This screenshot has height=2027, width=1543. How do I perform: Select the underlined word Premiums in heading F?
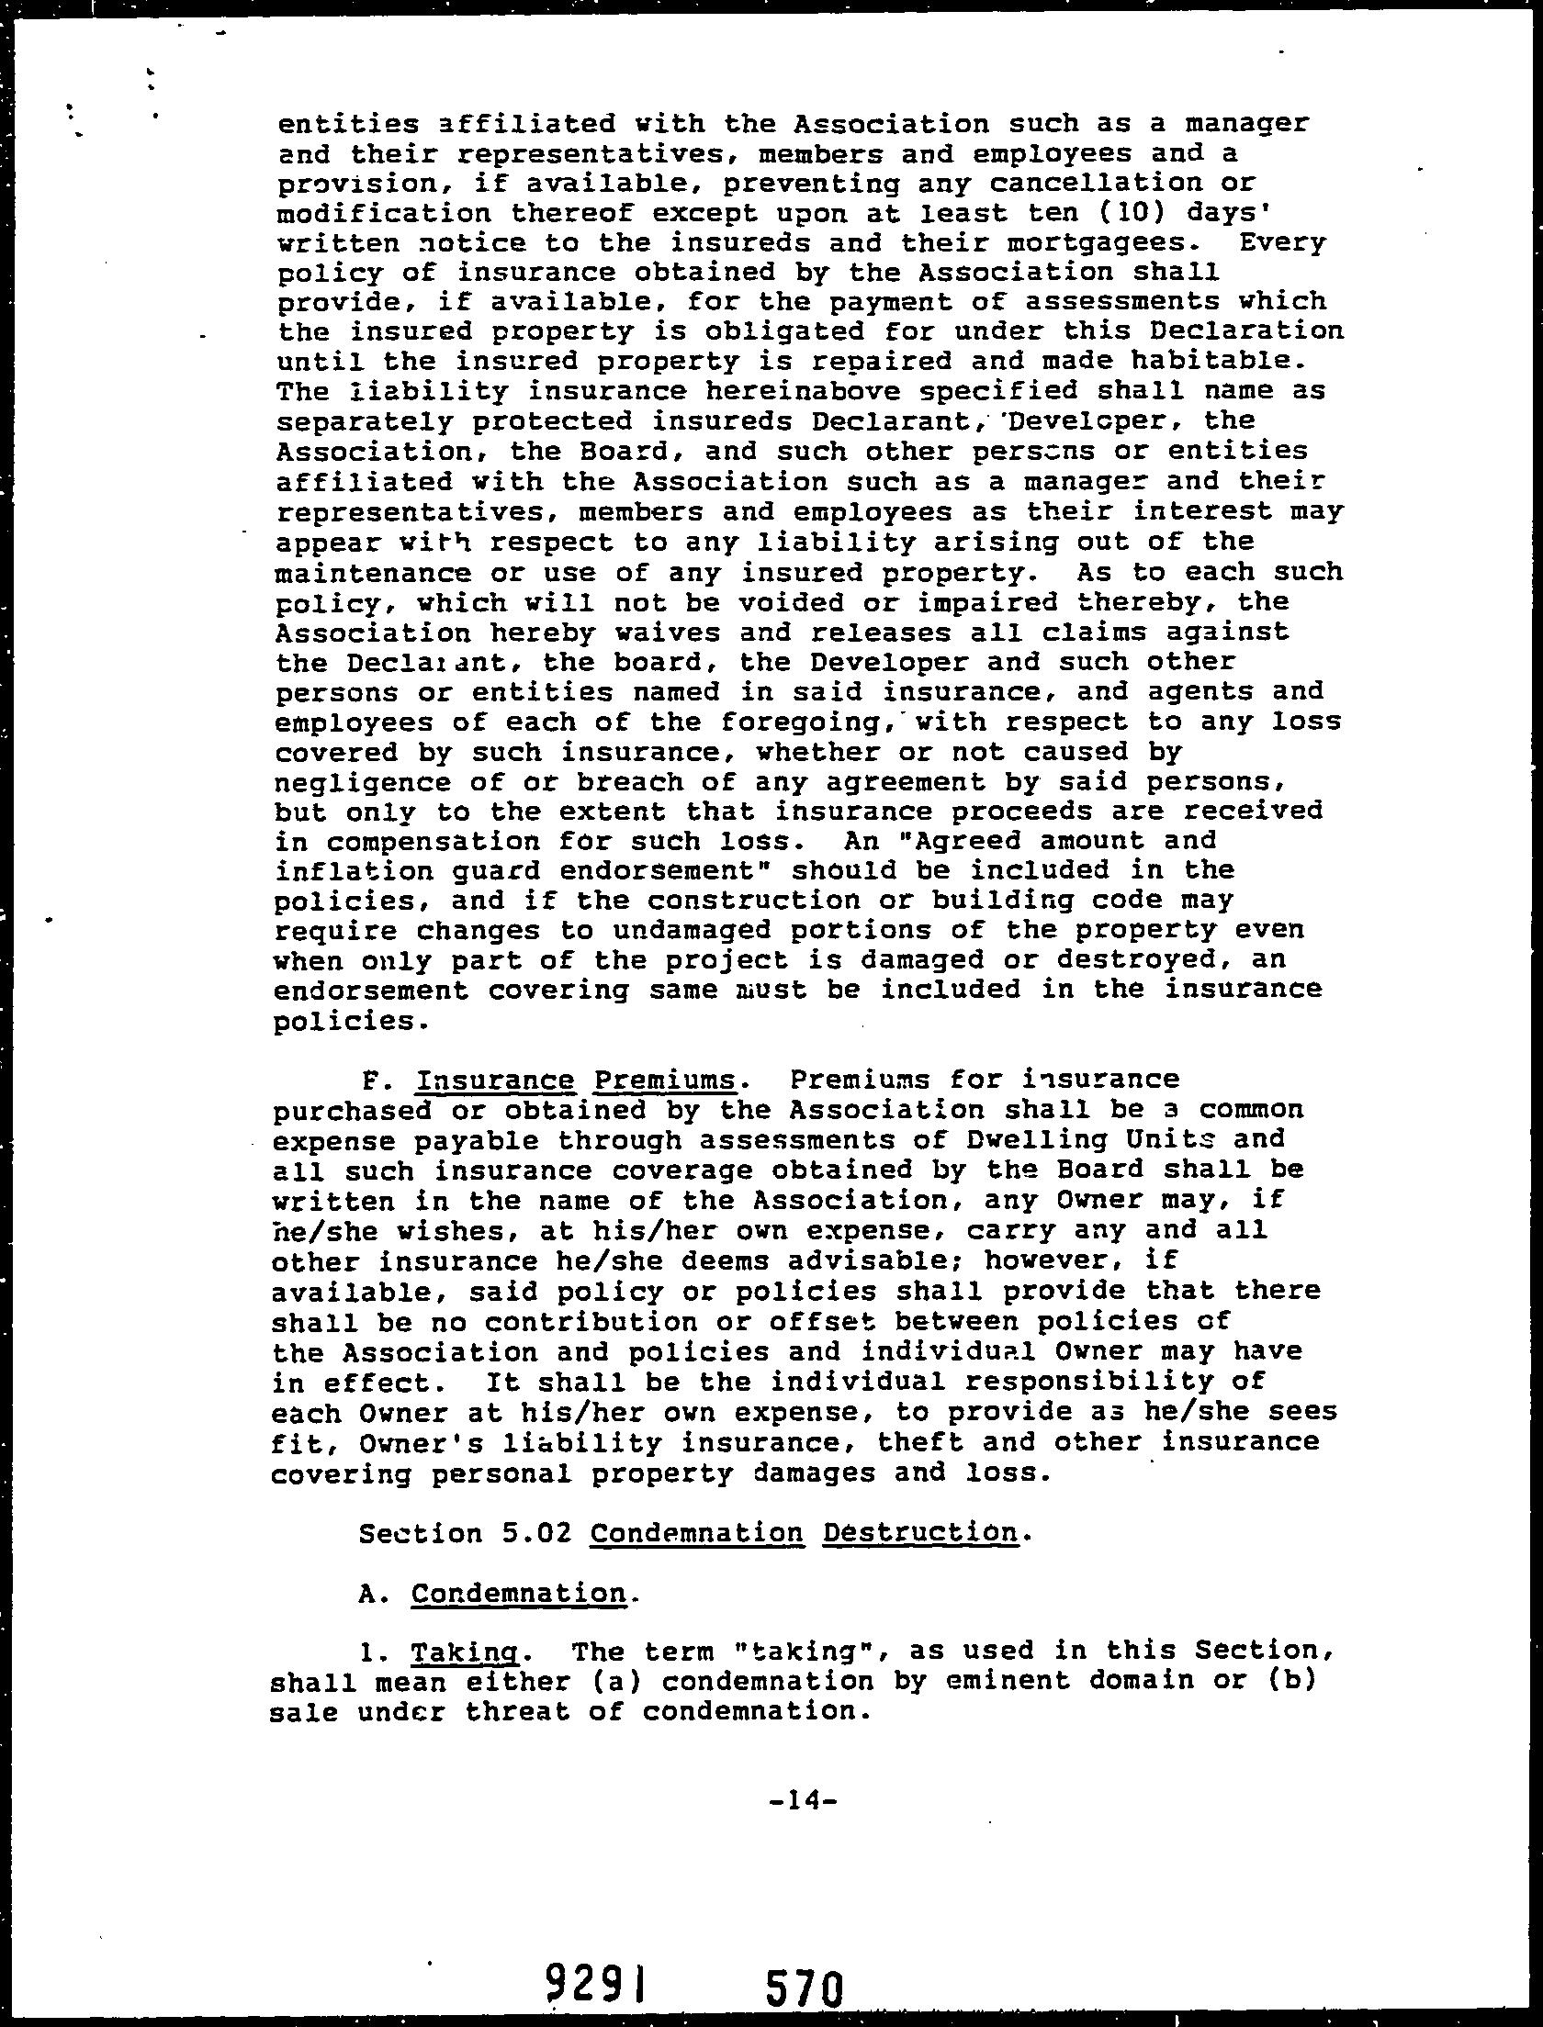click(665, 1080)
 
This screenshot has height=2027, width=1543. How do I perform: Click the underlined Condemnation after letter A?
click(519, 1593)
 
